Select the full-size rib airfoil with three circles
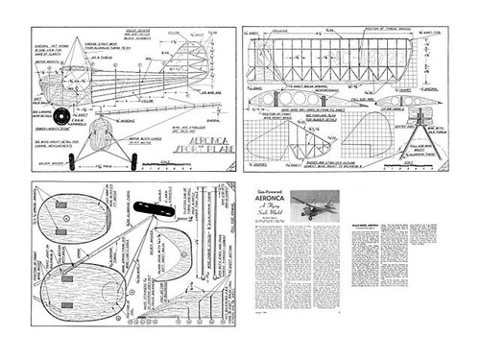[288, 99]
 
